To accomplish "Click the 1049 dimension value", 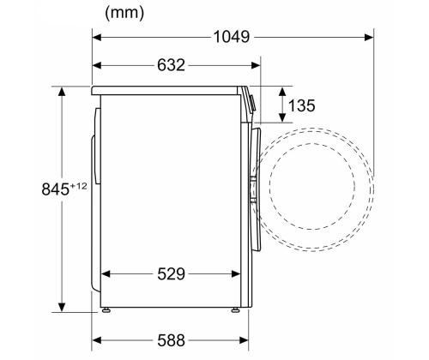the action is (x=232, y=37).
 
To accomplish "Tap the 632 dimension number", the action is (x=171, y=65).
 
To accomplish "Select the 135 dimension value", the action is (x=301, y=105).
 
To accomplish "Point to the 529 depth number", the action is (x=171, y=274).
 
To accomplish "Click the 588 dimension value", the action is (x=171, y=340).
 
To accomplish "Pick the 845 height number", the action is (x=55, y=189).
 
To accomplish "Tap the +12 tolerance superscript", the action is (x=78, y=186).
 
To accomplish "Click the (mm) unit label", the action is (x=124, y=13).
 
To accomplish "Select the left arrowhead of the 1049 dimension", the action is (x=97, y=37).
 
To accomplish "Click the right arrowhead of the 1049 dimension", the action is (x=369, y=37).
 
